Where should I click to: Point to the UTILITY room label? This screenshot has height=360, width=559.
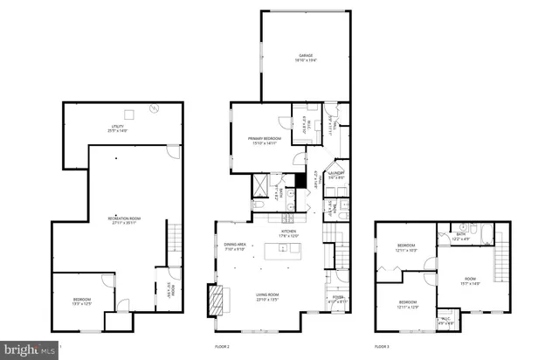(116, 128)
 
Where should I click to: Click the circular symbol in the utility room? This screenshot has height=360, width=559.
(154, 108)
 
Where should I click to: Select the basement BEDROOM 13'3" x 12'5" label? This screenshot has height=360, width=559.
(82, 302)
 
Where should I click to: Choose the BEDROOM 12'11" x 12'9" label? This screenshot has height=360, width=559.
(408, 304)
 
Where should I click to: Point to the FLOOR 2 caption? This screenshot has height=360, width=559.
(223, 347)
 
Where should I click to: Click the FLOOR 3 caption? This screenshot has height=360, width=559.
(382, 347)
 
